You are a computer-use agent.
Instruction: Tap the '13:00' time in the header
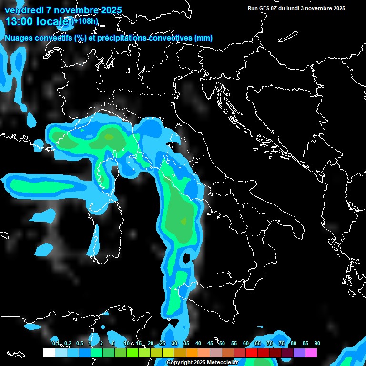pyautogui.click(x=20, y=21)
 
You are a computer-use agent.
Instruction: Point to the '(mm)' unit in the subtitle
pyautogui.click(x=204, y=38)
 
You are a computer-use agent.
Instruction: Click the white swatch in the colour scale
pyautogui.click(x=49, y=353)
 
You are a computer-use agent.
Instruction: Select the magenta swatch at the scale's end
pyautogui.click(x=311, y=353)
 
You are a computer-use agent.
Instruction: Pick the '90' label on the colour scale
pyautogui.click(x=317, y=343)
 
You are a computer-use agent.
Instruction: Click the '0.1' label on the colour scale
pyautogui.click(x=56, y=343)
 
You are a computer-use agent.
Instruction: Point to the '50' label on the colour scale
pyautogui.click(x=222, y=343)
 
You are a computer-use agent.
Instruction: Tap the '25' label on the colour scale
pyautogui.click(x=163, y=343)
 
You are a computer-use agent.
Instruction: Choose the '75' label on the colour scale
pyautogui.click(x=281, y=343)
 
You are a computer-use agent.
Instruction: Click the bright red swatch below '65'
pyautogui.click(x=252, y=353)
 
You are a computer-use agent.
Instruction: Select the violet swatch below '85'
pyautogui.click(x=299, y=353)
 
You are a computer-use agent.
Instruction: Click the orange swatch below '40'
pyautogui.click(x=192, y=353)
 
